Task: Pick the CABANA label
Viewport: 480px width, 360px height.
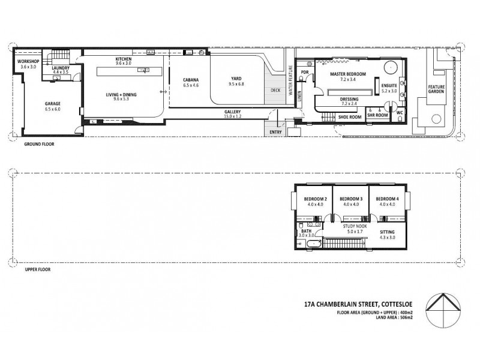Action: coord(191,83)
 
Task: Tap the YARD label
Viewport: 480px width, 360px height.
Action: coord(236,82)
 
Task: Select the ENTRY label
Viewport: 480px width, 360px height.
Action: coord(276,132)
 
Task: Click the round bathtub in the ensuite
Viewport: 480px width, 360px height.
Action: coord(392,67)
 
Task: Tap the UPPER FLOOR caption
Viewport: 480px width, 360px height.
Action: coord(37,270)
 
